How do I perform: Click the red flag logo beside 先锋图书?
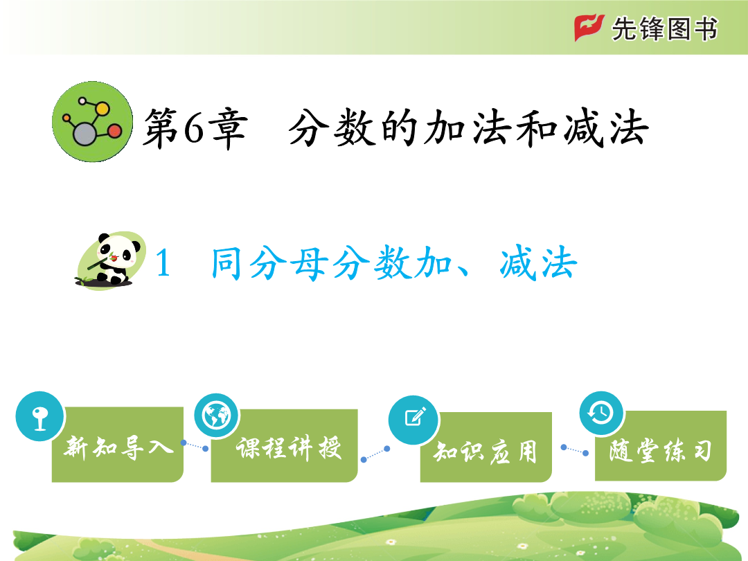(x=589, y=28)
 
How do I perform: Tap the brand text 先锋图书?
(x=664, y=28)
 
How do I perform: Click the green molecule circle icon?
(x=93, y=122)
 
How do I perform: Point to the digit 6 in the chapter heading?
(x=194, y=129)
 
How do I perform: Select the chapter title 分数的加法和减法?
(x=468, y=128)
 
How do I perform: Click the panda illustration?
(x=111, y=260)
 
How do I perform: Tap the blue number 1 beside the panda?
(x=163, y=263)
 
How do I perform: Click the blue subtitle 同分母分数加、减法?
(x=394, y=263)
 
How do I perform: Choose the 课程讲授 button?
(x=285, y=445)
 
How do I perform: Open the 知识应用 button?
(x=486, y=447)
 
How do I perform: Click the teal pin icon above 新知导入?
(x=39, y=416)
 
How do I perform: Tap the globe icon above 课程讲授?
(x=217, y=416)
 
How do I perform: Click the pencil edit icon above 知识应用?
(x=413, y=420)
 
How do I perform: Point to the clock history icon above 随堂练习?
(x=602, y=413)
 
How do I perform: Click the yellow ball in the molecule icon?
(x=103, y=109)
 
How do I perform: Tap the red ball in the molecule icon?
(x=115, y=131)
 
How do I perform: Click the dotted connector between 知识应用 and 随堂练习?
(x=575, y=450)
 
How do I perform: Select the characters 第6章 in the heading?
(x=195, y=129)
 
